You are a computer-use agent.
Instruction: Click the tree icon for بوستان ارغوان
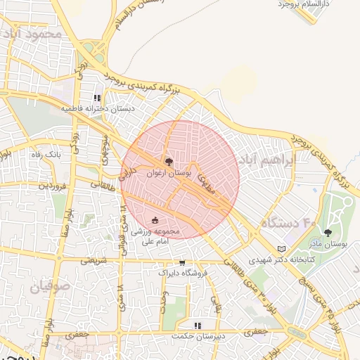167,162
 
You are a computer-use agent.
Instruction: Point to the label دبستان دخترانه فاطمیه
98,109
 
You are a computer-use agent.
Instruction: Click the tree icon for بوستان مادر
328,233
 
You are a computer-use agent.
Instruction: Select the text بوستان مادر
328,243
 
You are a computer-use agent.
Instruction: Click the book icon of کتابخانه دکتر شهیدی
282,249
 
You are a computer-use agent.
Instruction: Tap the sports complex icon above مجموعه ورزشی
155,221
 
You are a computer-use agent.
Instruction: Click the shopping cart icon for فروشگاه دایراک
182,263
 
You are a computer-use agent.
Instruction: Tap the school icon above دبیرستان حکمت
198,325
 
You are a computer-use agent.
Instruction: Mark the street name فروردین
52,186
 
